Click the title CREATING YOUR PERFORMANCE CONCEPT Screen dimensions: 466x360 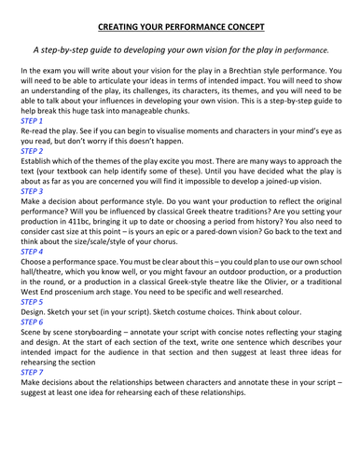[x=180, y=29]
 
